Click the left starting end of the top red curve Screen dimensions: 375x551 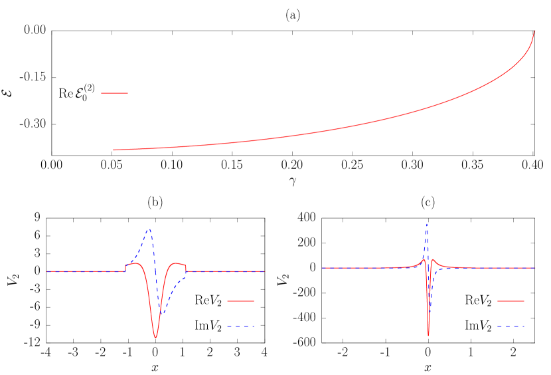[114, 150]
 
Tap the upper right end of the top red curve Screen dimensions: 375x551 [534, 31]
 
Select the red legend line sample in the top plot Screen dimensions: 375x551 [114, 93]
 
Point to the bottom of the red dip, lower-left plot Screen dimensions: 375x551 [155, 338]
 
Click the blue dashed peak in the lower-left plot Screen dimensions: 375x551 [150, 229]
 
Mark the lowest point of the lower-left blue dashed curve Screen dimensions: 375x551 [160, 314]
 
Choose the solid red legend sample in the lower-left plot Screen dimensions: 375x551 [240, 301]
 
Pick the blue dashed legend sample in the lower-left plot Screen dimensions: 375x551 [240, 326]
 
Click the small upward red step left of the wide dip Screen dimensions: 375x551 [125, 268]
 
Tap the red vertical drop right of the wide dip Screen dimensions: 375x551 [187, 268]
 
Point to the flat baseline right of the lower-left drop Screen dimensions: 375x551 [226, 271]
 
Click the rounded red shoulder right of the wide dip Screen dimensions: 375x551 [177, 264]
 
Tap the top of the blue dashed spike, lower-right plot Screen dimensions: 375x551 [427, 224]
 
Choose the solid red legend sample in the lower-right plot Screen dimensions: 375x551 [511, 301]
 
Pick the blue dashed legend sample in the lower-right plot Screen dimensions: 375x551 [511, 326]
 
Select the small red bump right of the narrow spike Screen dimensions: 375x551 [433, 260]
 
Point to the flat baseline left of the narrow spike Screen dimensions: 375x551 [365, 268]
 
